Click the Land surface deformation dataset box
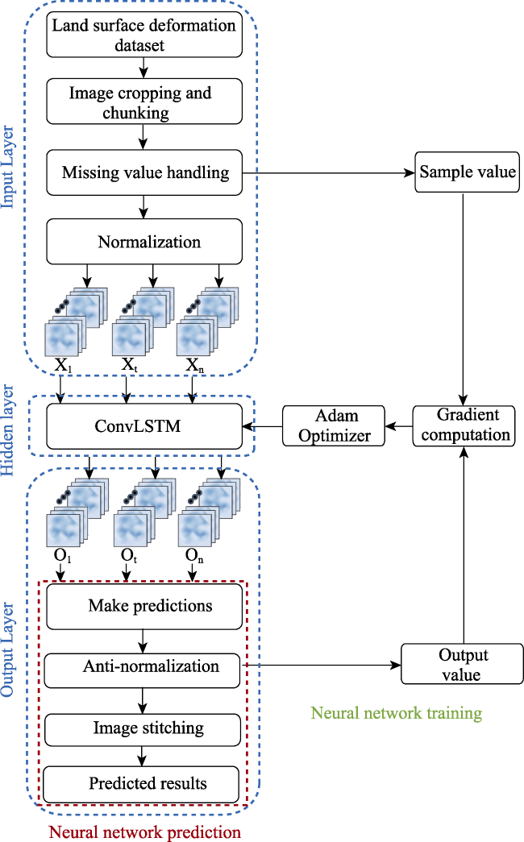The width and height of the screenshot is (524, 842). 144,35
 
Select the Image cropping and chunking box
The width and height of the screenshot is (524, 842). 144,102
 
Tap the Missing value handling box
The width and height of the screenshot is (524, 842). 144,172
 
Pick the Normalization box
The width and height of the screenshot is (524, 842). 144,241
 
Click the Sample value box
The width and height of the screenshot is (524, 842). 467,172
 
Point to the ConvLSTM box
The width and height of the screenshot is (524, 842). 144,426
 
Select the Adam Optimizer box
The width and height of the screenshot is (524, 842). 334,425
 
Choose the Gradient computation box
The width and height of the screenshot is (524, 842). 464,425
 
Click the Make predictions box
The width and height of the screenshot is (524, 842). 144,607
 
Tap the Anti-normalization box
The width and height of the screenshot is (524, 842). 142,670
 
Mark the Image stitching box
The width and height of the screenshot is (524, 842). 143,730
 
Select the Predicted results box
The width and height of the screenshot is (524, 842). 141,785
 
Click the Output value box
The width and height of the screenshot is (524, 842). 462,664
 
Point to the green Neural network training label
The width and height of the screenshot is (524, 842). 397,712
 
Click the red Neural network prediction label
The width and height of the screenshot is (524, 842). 145,832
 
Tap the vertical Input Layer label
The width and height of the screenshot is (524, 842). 8,167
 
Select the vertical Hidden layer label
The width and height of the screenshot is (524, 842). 8,430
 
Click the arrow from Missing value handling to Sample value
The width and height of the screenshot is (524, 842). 328,173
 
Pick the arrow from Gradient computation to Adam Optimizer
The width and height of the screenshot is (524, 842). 399,426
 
